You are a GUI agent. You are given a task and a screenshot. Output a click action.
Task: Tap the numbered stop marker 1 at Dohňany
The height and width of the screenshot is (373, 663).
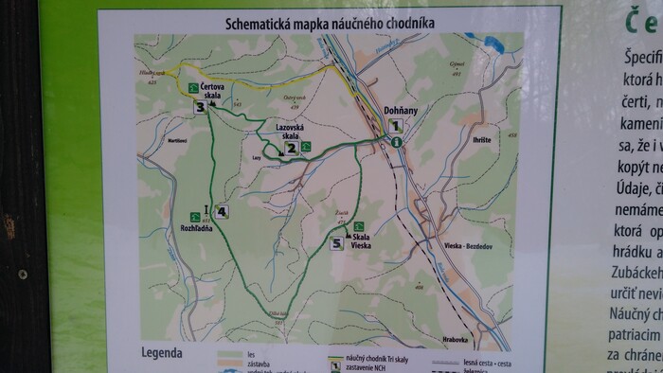397,124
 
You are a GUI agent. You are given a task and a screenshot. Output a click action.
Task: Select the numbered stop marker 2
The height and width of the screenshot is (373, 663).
292,147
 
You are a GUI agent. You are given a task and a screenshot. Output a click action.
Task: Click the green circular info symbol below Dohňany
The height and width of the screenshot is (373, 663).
398,141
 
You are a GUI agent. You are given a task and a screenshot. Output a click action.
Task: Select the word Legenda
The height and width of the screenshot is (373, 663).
161,353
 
